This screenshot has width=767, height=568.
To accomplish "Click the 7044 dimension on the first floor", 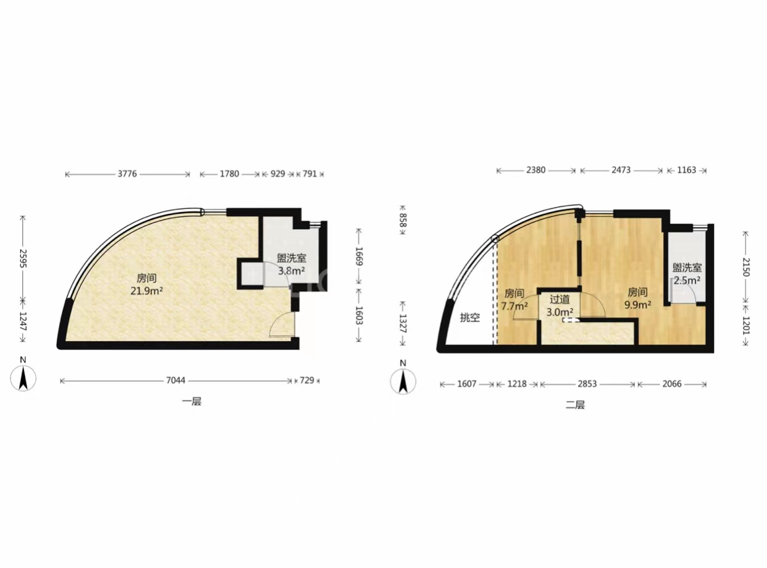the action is point(175,380).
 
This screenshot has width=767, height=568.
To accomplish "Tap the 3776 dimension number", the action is point(128,174).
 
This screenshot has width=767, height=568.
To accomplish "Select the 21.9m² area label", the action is point(146,291).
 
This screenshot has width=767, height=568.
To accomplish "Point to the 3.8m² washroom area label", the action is point(291,271).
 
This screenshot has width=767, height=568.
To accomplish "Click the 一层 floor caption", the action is point(191,402).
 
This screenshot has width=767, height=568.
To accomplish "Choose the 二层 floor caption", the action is point(575,405).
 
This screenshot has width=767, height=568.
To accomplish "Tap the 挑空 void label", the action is point(469,318).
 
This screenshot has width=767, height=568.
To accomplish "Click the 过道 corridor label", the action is point(560,299).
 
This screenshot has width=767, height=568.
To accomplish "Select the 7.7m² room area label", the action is point(514,307).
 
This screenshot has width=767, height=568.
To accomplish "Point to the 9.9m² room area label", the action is point(638,305).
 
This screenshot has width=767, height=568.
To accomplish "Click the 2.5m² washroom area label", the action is point(687,281).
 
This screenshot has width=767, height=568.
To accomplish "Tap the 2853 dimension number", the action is point(587,384).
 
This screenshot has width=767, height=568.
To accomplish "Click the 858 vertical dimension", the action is point(403,220).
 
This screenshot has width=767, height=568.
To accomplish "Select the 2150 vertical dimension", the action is point(745,267).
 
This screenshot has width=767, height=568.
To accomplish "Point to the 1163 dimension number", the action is point(687,170).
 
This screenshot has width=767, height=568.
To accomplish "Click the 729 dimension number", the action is point(307,380).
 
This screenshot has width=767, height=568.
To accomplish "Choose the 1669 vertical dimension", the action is point(359,256).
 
